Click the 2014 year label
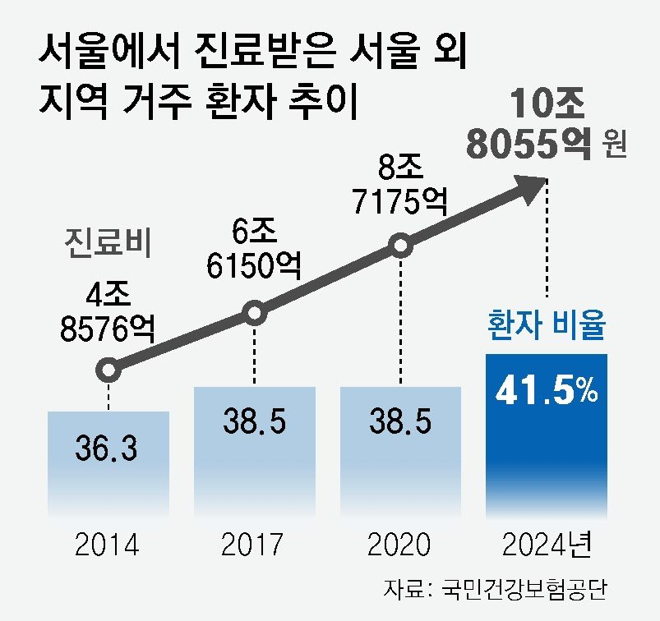pos(108,545)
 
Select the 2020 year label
pos(399,545)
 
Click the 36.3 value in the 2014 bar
pos(108,451)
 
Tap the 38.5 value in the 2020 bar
pos(400,421)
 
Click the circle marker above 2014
pos(108,370)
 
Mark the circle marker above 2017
pos(254,313)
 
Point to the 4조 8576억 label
pos(108,311)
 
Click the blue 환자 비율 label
pos(545,328)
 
